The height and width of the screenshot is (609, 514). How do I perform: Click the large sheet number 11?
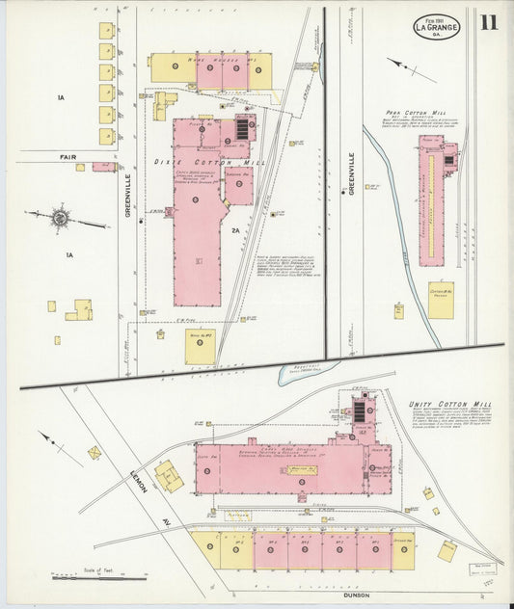(489, 23)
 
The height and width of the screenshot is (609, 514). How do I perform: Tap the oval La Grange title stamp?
(437, 27)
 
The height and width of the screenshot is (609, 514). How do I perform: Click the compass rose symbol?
(60, 219)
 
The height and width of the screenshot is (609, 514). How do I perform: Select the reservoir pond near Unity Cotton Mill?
(307, 370)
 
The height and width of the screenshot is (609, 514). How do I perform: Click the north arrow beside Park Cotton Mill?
(410, 68)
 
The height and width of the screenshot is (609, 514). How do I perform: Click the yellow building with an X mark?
(95, 452)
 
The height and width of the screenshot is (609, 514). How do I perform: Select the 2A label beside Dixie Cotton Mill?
(234, 230)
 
